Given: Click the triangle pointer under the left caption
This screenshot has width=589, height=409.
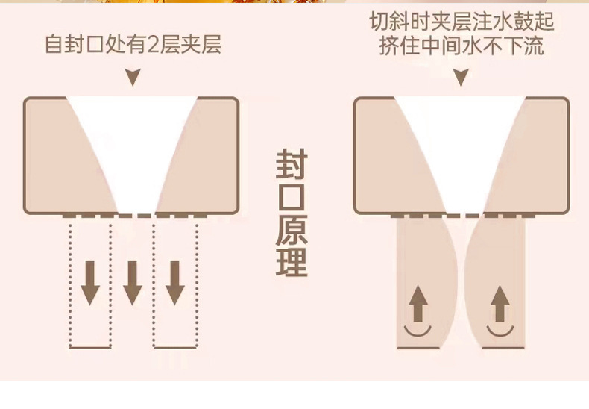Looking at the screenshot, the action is tap(133, 77).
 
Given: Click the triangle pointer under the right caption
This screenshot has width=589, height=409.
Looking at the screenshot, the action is tap(461, 77).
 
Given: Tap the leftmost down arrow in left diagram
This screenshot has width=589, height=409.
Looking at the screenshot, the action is tap(90, 283).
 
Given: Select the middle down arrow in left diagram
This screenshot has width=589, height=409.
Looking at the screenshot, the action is tap(133, 283).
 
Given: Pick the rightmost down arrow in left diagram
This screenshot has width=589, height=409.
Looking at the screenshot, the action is tap(175, 283).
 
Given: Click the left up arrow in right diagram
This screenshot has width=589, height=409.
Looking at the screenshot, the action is tap(418, 305).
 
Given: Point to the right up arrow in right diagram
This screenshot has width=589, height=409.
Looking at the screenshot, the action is tap(500, 305).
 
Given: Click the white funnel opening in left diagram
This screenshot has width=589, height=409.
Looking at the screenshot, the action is tap(133, 142).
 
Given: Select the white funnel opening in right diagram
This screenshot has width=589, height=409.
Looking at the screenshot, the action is tap(461, 142).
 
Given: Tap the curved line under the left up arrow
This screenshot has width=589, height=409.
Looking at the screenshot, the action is tap(418, 329).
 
